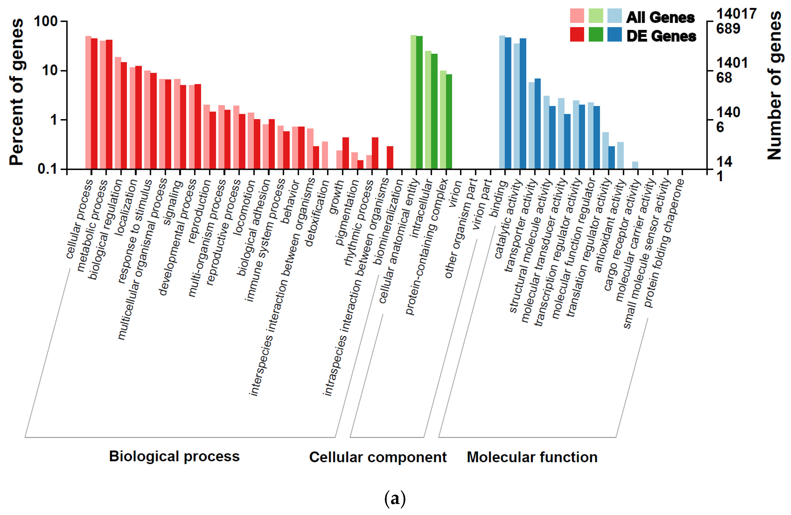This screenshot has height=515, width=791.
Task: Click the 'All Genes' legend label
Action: pos(660,17)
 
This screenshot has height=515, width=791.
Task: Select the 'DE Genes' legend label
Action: pos(661,36)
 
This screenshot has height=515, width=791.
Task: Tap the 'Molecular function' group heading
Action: pos(532,457)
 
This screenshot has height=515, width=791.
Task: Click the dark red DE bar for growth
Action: pos(346,153)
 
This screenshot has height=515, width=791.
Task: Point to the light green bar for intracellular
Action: pos(428,110)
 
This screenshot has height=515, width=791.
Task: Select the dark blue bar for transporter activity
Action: pos(537,124)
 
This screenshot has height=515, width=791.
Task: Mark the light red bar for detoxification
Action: pos(325,155)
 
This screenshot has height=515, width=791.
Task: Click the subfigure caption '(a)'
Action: pos(395,499)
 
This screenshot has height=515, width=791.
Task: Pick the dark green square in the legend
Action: pos(595,35)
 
